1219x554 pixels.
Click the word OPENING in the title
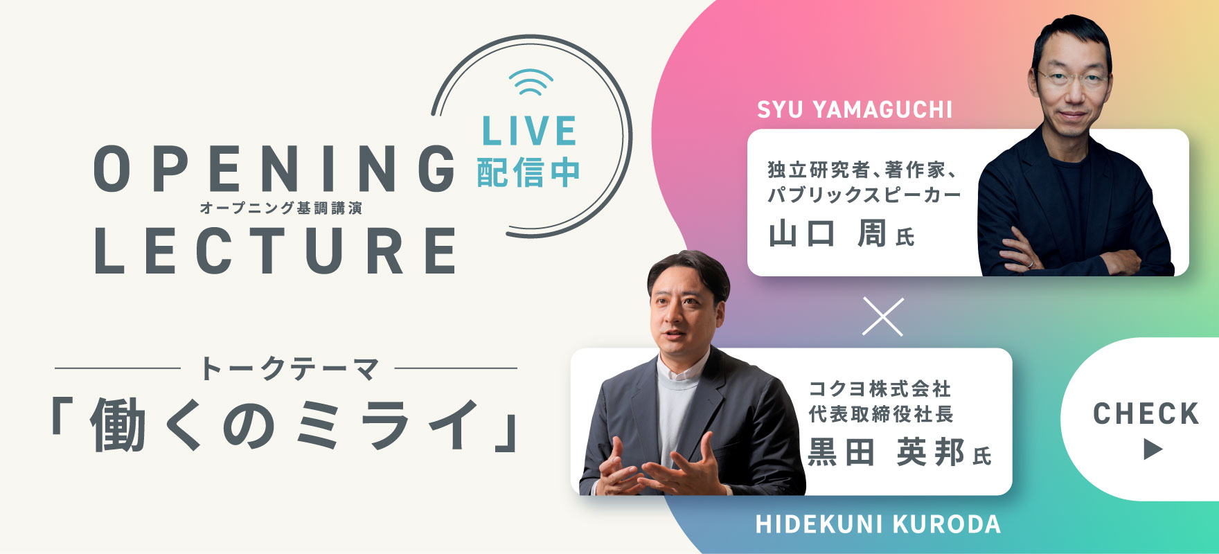(x=274, y=169)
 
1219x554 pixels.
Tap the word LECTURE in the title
(x=276, y=250)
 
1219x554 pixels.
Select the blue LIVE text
(x=529, y=131)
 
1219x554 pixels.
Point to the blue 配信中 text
(x=528, y=172)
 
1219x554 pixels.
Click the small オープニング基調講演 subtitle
(x=281, y=208)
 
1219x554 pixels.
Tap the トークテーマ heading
(x=290, y=368)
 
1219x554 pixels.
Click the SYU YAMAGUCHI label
(x=855, y=109)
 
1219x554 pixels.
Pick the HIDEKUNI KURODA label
(x=878, y=524)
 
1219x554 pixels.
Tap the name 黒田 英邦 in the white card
(x=886, y=453)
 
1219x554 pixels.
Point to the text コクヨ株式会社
(x=880, y=388)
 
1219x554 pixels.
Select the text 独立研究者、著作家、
(x=862, y=170)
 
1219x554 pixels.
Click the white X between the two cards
(x=883, y=316)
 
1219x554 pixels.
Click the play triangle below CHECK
(x=1151, y=449)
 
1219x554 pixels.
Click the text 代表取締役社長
(x=881, y=414)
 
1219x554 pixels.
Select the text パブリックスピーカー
(x=864, y=195)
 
